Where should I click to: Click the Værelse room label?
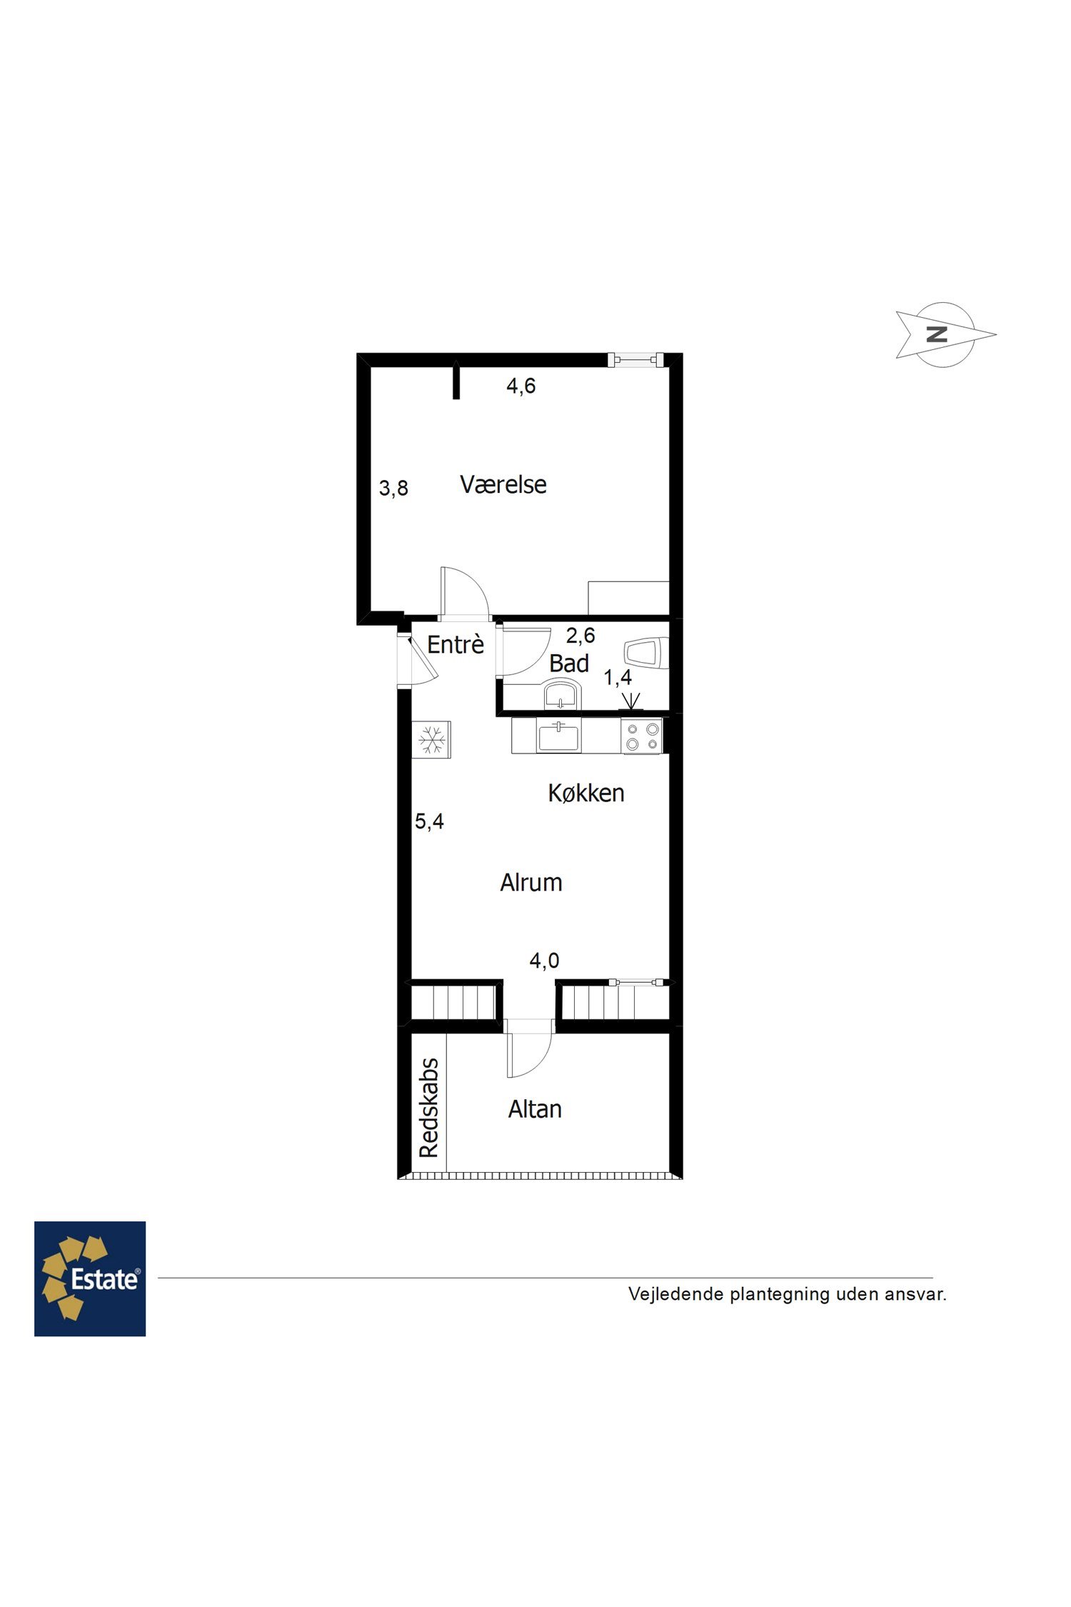pos(503,485)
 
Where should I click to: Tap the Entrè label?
pos(456,644)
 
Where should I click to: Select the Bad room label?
pos(569,664)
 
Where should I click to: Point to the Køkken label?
pos(586,793)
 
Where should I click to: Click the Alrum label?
pos(531,883)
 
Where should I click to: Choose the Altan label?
pos(535,1109)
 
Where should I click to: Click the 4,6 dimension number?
pos(521,386)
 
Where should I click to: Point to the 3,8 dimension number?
pos(393,489)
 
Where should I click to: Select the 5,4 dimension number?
pos(429,821)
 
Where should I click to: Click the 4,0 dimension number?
pos(544,961)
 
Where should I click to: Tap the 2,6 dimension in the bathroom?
pos(580,635)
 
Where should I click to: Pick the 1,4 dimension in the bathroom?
pos(618,677)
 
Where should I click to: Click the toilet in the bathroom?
pos(646,654)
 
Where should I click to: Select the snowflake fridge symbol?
pos(431,739)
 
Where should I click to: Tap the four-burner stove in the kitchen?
pos(642,736)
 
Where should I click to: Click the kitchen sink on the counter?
pos(558,736)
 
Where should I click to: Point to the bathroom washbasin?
pos(561,694)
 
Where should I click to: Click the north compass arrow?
pos(945,334)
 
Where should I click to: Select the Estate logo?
pos(90,1278)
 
